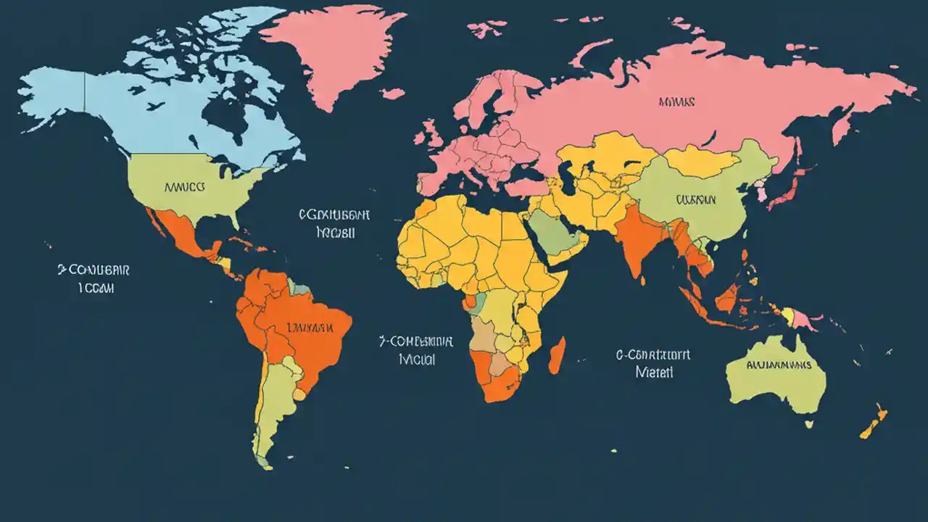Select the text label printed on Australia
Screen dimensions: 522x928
click(x=779, y=365)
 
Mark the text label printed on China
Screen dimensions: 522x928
click(x=695, y=199)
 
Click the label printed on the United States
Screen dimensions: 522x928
click(x=186, y=186)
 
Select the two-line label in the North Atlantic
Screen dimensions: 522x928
click(x=334, y=224)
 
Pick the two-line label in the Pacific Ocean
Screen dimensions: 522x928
click(x=94, y=278)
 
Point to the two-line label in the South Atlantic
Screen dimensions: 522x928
click(x=416, y=349)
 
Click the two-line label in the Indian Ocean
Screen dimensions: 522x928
click(x=653, y=363)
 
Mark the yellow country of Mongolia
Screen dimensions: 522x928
click(x=700, y=160)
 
